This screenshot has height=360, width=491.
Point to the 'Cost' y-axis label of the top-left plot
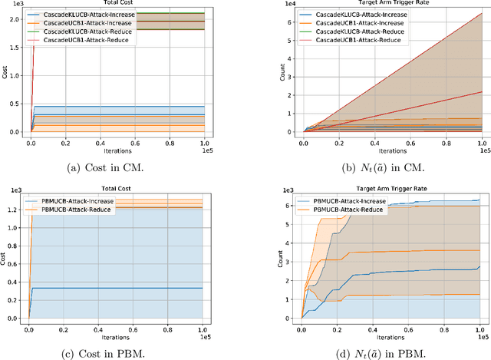coord(5,73)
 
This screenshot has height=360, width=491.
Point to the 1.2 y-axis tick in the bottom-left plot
coord(14,209)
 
